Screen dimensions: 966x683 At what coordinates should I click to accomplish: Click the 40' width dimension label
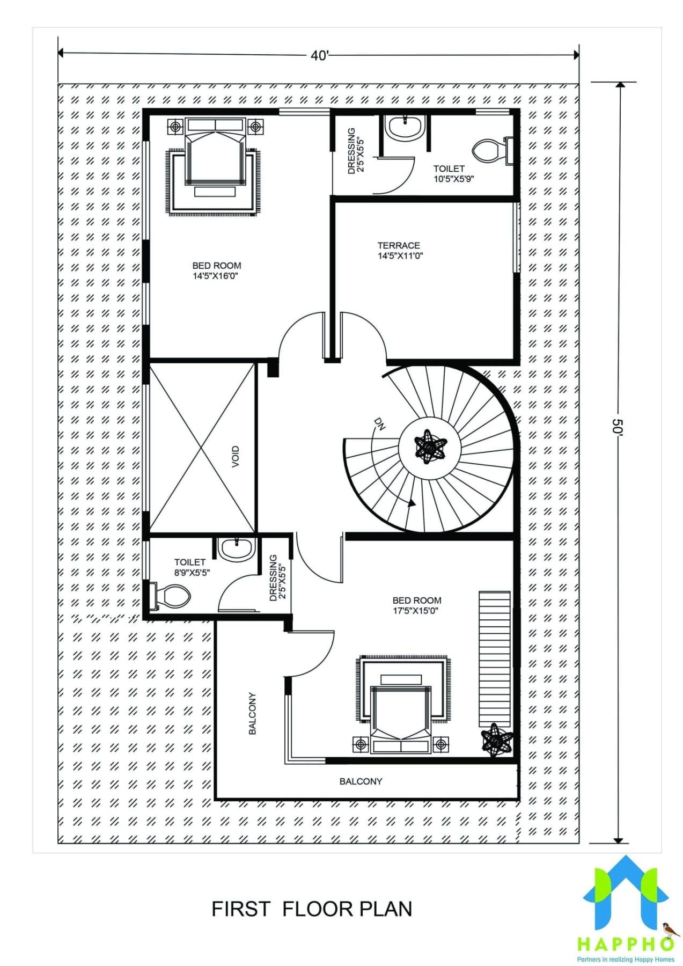point(319,55)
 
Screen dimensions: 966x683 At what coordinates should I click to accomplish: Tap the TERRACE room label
point(399,245)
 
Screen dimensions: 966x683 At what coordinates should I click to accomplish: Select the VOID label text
point(236,456)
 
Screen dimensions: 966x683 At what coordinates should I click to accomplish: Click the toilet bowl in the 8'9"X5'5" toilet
point(173,596)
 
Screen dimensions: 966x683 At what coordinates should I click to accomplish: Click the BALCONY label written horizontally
point(361,781)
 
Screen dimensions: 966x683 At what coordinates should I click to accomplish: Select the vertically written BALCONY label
point(252,713)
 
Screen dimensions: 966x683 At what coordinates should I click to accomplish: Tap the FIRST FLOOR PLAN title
point(312,909)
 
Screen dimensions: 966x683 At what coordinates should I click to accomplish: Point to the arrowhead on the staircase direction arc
point(412,503)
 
